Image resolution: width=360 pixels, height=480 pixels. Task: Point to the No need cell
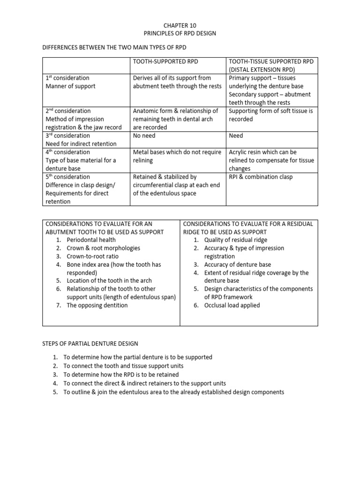144,135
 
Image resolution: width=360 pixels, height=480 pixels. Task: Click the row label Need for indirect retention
81,144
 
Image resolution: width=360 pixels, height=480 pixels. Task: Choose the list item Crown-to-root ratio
92,256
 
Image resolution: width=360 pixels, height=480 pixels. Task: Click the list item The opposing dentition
97,305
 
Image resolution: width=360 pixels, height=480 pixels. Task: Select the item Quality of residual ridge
236,240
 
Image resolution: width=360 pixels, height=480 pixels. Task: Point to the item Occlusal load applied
232,305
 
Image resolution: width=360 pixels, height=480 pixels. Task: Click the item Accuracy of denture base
237,264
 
